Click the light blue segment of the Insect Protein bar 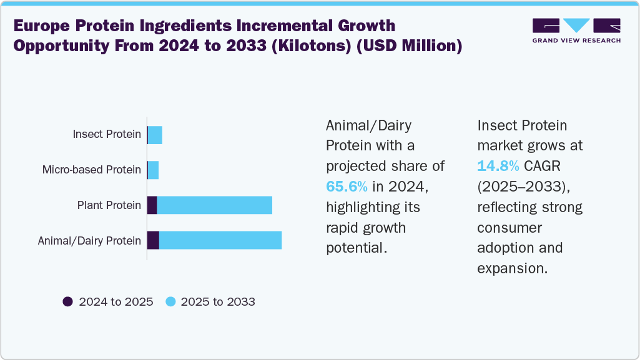(155, 135)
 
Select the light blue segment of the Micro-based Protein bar (153, 170)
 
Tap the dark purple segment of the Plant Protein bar (152, 205)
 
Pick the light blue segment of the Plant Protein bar (215, 205)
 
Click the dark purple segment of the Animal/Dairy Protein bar (153, 240)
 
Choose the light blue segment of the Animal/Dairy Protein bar (220, 240)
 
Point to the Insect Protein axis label (107, 134)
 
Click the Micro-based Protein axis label (92, 170)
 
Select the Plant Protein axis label (109, 205)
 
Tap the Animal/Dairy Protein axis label (89, 241)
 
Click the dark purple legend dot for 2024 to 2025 (68, 302)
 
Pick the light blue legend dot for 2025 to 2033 (170, 302)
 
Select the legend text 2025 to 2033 (218, 302)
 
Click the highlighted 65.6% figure (347, 187)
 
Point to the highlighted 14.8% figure (498, 166)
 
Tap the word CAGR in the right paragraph (543, 166)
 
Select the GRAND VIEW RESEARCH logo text (577, 41)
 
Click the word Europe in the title (42, 26)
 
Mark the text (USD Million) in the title (410, 46)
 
